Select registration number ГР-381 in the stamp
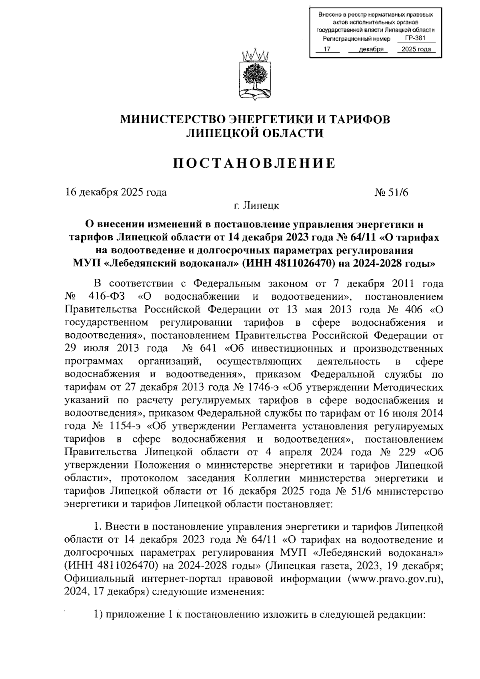coord(415,38)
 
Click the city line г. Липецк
coord(257,206)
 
